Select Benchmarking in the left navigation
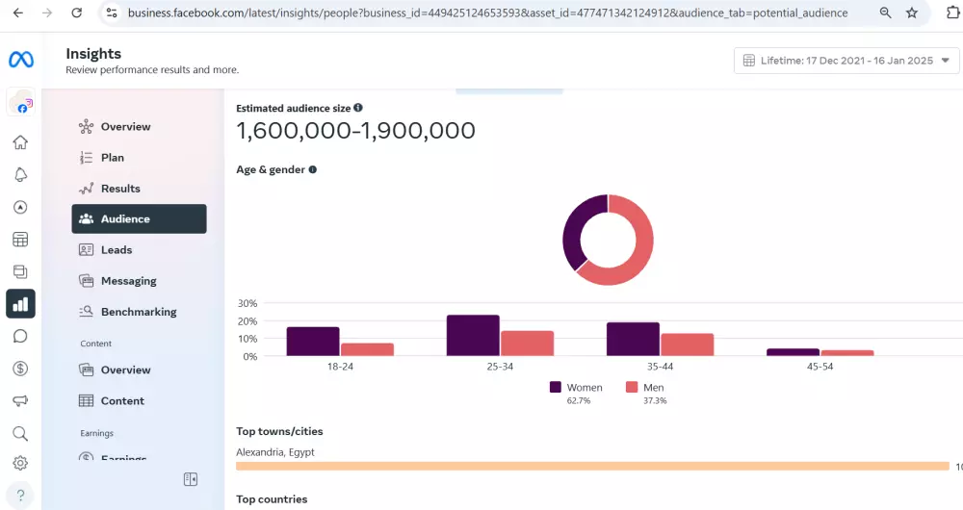(x=139, y=312)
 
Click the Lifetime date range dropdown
(x=846, y=61)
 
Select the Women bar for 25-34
(x=473, y=336)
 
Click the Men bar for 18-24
(x=367, y=349)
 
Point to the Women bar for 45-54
(x=793, y=352)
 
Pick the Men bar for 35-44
(x=687, y=344)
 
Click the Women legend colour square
(x=556, y=387)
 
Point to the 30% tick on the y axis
(x=248, y=303)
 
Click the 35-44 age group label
(x=660, y=367)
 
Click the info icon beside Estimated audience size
(x=358, y=109)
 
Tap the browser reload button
(x=77, y=13)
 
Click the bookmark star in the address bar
(x=912, y=13)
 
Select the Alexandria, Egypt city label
(x=275, y=452)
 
